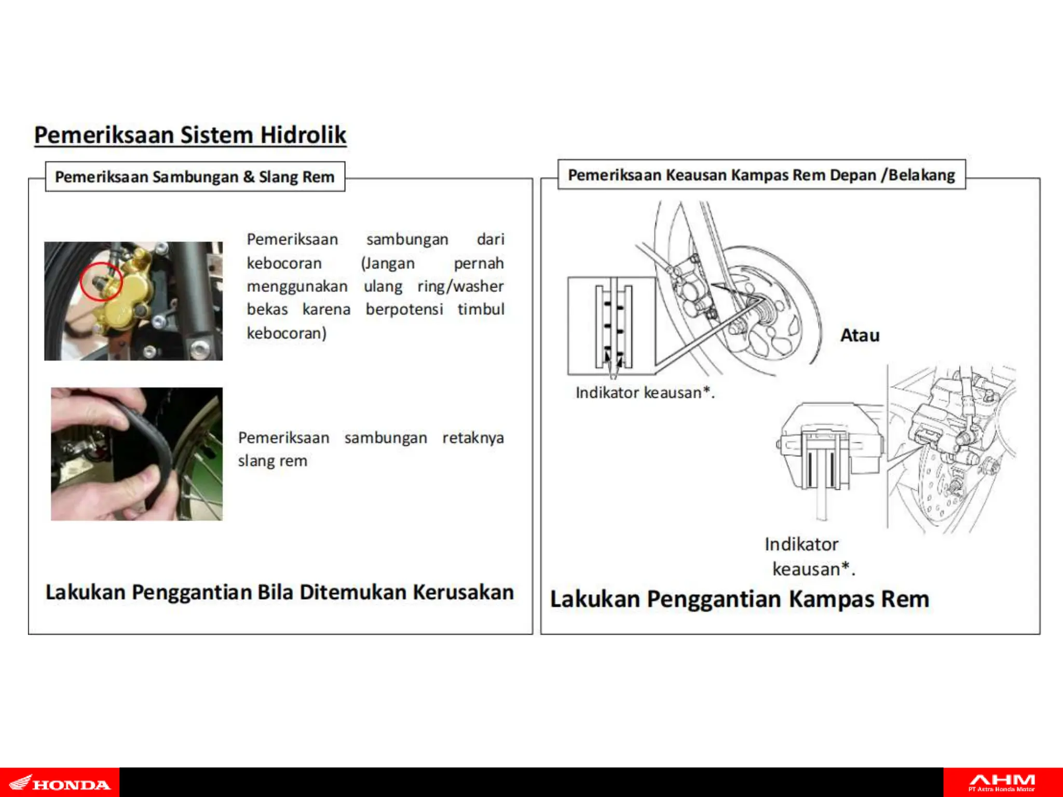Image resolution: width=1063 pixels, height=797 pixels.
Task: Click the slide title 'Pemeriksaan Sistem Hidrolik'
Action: pyautogui.click(x=190, y=135)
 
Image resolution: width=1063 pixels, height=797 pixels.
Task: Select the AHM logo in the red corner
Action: pyautogui.click(x=1002, y=782)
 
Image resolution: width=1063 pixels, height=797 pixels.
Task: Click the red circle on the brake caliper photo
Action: pyautogui.click(x=101, y=281)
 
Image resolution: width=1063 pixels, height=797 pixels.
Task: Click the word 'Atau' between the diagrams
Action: pyautogui.click(x=860, y=335)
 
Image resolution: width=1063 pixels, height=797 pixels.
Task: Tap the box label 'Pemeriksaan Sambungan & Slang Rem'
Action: pyautogui.click(x=195, y=177)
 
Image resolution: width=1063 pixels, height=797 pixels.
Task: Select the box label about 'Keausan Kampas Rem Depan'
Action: pyautogui.click(x=761, y=175)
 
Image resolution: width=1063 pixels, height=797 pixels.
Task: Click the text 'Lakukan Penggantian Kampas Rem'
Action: pyautogui.click(x=739, y=599)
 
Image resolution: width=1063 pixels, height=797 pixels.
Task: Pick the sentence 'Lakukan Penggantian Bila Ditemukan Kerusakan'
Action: pyautogui.click(x=279, y=592)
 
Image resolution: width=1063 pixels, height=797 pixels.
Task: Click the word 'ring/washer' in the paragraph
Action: pyautogui.click(x=460, y=286)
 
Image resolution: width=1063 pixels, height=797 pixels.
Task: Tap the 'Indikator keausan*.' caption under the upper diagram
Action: pyautogui.click(x=645, y=393)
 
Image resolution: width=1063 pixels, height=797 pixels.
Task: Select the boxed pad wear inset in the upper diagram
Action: pyautogui.click(x=611, y=326)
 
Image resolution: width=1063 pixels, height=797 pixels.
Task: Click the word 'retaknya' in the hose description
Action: pyautogui.click(x=472, y=438)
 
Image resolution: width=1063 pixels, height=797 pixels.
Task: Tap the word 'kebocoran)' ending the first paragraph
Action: pyautogui.click(x=287, y=333)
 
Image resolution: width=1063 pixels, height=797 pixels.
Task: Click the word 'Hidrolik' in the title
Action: pyautogui.click(x=303, y=135)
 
